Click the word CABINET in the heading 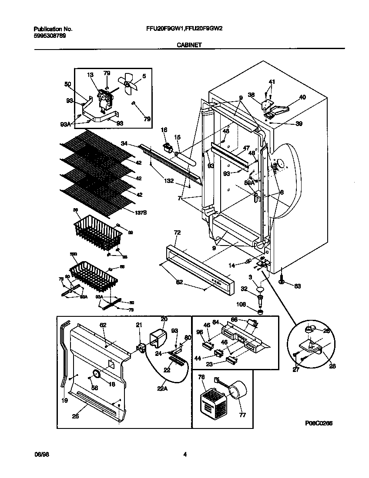(189, 44)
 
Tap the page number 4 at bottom (185, 455)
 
